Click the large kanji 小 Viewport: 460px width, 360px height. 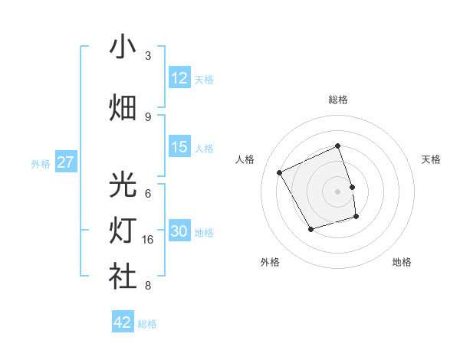(x=123, y=47)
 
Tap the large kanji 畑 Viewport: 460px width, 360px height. (x=123, y=108)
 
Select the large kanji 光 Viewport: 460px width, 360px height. (x=123, y=185)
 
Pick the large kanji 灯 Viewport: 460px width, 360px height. (x=123, y=231)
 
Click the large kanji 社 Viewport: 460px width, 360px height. (x=123, y=277)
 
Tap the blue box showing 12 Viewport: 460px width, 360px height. (x=179, y=78)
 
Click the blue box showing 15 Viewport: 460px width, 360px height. (x=179, y=148)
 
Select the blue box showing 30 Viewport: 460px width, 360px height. (x=179, y=232)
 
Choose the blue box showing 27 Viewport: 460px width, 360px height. (x=65, y=162)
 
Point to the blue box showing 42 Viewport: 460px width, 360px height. (x=123, y=322)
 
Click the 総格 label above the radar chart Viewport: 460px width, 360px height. (x=338, y=100)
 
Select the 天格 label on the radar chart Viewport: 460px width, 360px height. (x=431, y=159)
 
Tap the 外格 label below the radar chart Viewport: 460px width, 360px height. (x=270, y=262)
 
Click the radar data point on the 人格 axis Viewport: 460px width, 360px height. (x=280, y=173)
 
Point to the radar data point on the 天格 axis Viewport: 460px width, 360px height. (x=352, y=187)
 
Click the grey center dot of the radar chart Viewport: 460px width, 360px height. (x=338, y=191)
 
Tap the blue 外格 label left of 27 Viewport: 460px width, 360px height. (x=40, y=163)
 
